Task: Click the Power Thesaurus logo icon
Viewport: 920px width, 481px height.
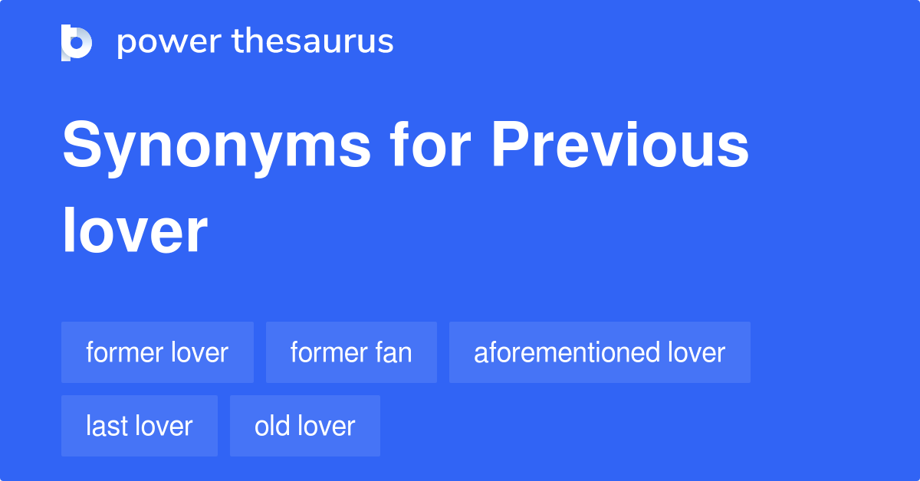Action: [x=77, y=43]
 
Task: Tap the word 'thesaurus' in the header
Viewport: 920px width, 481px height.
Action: [x=313, y=42]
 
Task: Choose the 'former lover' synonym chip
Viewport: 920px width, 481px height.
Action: [x=157, y=352]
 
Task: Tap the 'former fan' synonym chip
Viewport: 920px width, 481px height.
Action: [x=351, y=352]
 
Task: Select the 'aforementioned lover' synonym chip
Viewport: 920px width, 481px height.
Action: [x=600, y=352]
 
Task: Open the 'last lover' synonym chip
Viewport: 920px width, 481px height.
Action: [x=139, y=426]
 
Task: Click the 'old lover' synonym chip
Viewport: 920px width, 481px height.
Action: [x=304, y=426]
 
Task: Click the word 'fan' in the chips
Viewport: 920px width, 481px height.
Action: [x=393, y=352]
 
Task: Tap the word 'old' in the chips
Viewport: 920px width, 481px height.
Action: [x=271, y=426]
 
